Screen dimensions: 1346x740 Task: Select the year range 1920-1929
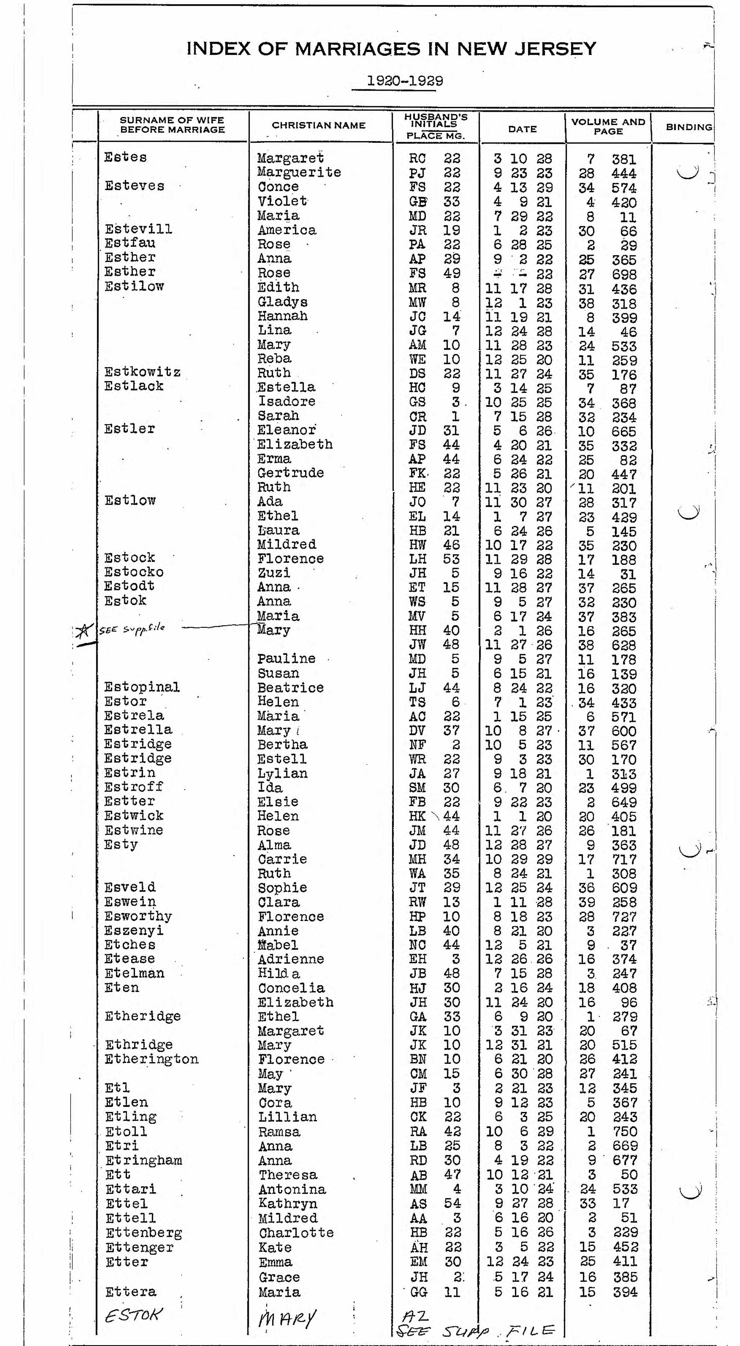(405, 81)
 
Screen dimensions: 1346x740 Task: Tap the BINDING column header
(688, 127)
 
